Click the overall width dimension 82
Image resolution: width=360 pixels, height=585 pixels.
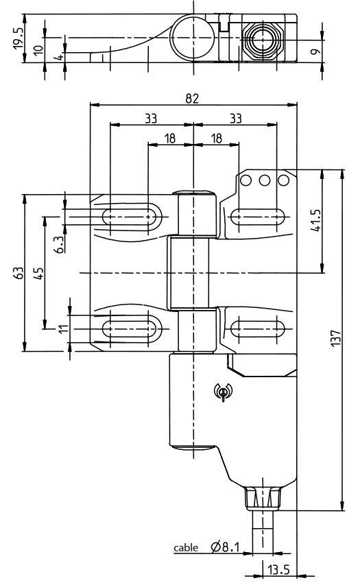(x=193, y=98)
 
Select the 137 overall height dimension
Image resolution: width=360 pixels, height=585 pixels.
(x=335, y=340)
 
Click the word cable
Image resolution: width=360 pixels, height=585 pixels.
(x=184, y=548)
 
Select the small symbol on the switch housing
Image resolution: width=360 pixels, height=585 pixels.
(x=222, y=392)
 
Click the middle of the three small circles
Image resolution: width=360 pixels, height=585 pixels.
(x=266, y=180)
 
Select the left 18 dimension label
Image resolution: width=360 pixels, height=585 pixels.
(x=170, y=138)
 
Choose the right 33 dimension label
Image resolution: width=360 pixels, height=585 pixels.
(x=235, y=118)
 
